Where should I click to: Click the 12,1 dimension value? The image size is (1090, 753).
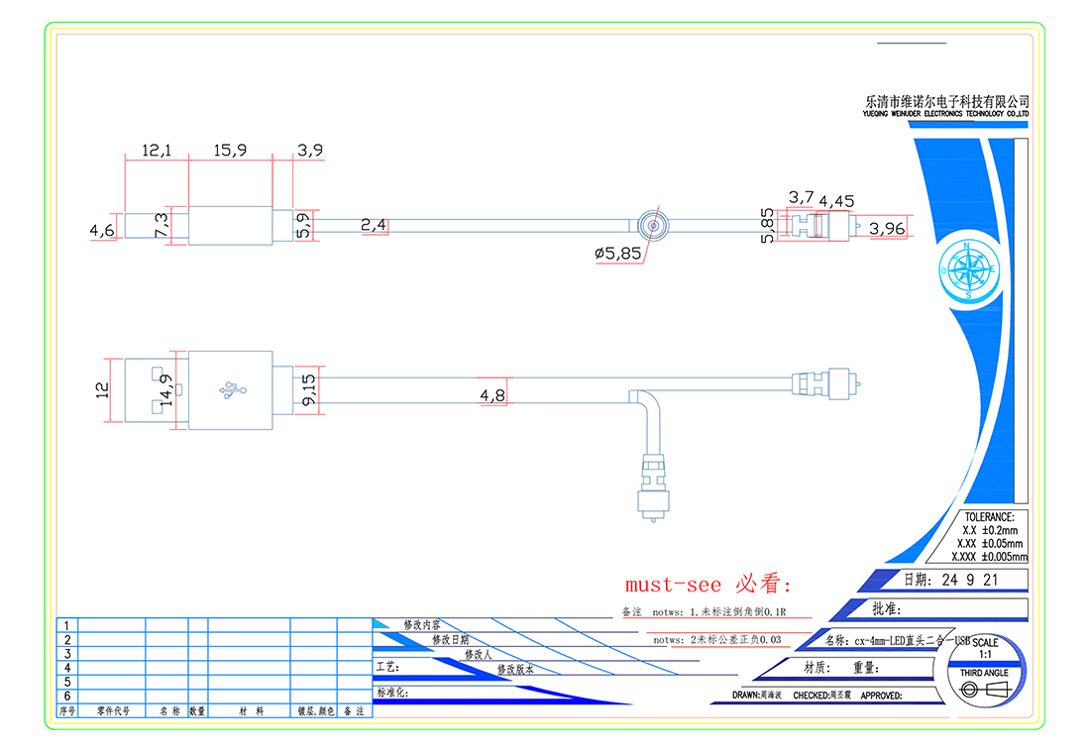tap(157, 151)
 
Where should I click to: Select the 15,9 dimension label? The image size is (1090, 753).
tap(231, 151)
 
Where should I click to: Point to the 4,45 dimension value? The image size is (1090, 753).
tap(836, 201)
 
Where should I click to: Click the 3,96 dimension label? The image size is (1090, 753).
tap(887, 229)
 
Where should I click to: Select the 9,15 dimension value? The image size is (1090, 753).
tap(308, 389)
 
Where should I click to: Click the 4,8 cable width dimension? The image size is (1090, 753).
tap(493, 395)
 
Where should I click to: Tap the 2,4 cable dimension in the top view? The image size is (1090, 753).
tap(374, 226)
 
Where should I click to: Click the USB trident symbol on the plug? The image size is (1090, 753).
tap(235, 389)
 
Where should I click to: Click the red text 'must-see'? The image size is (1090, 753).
tap(674, 584)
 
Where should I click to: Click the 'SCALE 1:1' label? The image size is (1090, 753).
tap(985, 649)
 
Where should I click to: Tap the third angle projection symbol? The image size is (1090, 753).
tap(983, 690)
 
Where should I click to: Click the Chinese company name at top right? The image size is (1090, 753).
tap(946, 101)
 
